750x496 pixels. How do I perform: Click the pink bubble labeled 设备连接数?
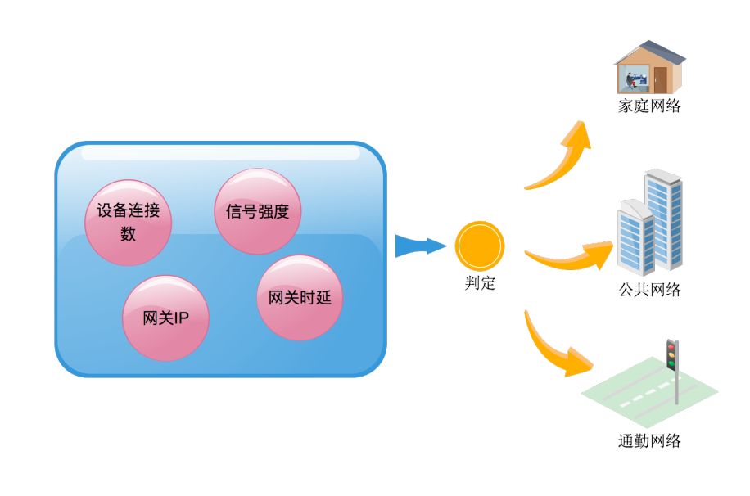pyautogui.click(x=129, y=222)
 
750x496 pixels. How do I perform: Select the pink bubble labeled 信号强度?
pyautogui.click(x=258, y=211)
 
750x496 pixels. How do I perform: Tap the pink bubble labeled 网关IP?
pyautogui.click(x=165, y=318)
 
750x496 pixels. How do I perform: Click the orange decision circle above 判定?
pyautogui.click(x=480, y=246)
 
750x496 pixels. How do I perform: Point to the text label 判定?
pyautogui.click(x=480, y=285)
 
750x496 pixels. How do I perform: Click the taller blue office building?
pyautogui.click(x=665, y=217)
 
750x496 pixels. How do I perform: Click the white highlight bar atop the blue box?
pyautogui.click(x=220, y=153)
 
